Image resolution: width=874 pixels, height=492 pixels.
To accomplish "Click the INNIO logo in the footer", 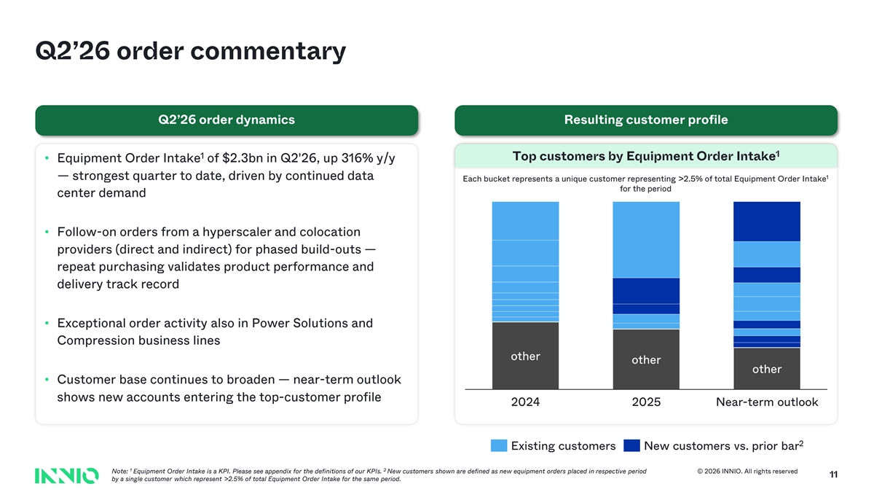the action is click(67, 475).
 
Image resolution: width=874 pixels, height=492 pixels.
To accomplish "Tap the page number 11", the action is click(833, 475).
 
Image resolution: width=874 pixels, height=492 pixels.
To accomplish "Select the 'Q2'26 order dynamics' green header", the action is click(227, 120).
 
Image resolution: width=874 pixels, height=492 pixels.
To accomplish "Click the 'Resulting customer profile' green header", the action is click(646, 120).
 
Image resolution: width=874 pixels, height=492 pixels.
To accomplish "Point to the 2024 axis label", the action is click(525, 402).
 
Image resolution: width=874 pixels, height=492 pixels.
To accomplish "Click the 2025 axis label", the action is click(646, 402).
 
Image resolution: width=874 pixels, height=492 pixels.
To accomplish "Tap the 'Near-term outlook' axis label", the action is click(767, 402).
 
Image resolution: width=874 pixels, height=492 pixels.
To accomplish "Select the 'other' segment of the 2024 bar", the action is click(525, 356).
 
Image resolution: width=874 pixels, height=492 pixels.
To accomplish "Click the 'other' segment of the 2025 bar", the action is click(646, 359).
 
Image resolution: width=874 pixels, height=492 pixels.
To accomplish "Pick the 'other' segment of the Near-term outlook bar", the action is click(767, 369).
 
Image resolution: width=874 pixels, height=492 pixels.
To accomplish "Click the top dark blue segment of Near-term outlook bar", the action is click(767, 222).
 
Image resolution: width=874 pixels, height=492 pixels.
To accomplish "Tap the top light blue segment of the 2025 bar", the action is click(646, 240).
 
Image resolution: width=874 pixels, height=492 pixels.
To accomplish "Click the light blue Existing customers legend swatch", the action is click(499, 445).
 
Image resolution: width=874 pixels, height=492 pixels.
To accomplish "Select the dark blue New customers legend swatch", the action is click(631, 445).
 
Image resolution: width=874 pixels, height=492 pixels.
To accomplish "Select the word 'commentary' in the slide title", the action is click(268, 52).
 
